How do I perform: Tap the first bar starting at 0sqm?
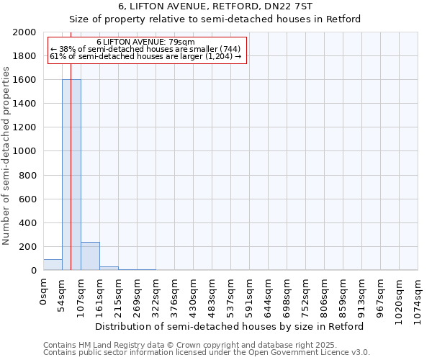click(53, 265)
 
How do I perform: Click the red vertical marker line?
click(71, 144)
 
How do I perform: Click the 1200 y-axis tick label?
click(24, 127)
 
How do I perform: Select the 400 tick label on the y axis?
click(27, 223)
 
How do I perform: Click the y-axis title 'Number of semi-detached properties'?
click(6, 156)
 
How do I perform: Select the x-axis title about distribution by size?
click(230, 326)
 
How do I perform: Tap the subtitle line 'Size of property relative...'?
click(215, 19)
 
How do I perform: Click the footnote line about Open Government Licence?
click(207, 353)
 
